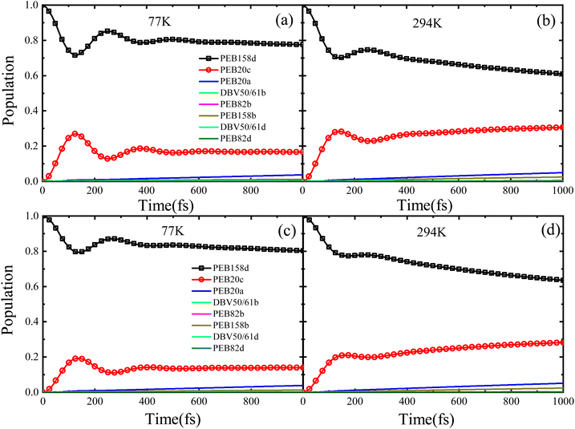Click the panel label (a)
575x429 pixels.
coord(284,21)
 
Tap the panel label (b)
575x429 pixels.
coord(545,21)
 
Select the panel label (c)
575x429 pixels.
coord(286,231)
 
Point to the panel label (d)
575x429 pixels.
coord(549,231)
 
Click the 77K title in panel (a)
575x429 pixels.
coord(160,22)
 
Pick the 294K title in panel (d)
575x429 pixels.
coord(431,232)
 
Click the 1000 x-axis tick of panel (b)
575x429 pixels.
coord(562,190)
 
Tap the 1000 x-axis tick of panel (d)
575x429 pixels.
coord(562,401)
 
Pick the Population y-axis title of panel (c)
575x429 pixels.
coord(8,299)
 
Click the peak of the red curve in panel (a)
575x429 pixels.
coord(75,134)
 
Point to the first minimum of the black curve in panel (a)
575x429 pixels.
coord(75,55)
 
